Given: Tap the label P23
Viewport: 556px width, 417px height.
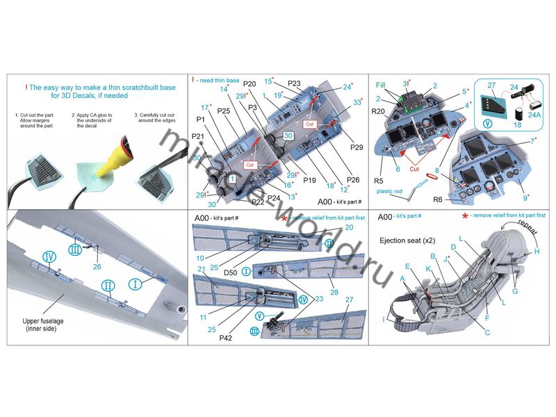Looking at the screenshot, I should [293, 83].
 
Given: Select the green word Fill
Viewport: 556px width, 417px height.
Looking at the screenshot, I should [382, 85].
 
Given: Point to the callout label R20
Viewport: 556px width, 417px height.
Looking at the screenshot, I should [379, 111].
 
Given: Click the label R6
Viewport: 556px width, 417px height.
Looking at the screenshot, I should [438, 199].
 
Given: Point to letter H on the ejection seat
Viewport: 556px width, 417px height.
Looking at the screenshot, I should [537, 252].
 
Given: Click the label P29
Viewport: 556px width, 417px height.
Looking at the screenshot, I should [357, 147].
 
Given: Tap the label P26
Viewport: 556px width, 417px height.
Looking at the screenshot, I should [353, 180].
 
